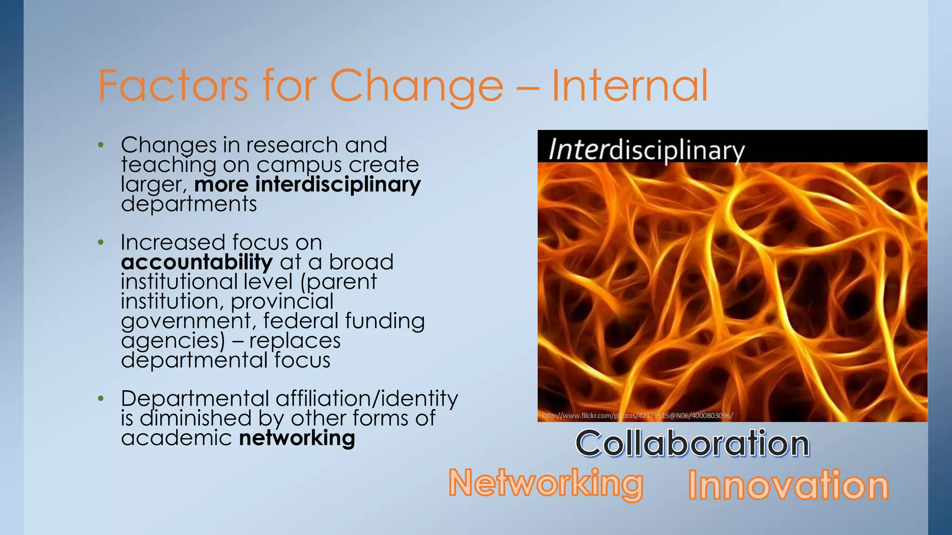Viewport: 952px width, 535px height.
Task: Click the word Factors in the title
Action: click(173, 86)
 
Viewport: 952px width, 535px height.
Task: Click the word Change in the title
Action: click(417, 86)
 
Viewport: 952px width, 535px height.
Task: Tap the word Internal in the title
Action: click(629, 86)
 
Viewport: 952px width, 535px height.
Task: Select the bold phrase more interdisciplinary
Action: click(307, 184)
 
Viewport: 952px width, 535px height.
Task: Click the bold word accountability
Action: click(197, 262)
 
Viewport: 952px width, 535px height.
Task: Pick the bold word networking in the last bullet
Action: click(297, 438)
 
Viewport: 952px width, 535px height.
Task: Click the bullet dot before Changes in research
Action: click(101, 145)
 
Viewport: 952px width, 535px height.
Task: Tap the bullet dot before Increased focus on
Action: click(101, 242)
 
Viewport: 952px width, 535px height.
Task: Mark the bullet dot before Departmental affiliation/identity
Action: click(101, 398)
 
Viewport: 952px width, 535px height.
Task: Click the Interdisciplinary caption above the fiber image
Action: click(646, 150)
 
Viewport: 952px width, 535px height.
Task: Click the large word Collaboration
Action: click(693, 444)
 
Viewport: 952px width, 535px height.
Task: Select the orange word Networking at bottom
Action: click(546, 483)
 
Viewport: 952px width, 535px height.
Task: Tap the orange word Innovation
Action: click(788, 485)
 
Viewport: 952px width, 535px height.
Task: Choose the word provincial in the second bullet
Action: click(282, 301)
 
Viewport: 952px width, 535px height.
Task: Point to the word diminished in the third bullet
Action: click(196, 418)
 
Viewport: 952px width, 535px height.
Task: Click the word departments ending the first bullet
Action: click(189, 204)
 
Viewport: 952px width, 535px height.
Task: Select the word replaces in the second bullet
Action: click(295, 340)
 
